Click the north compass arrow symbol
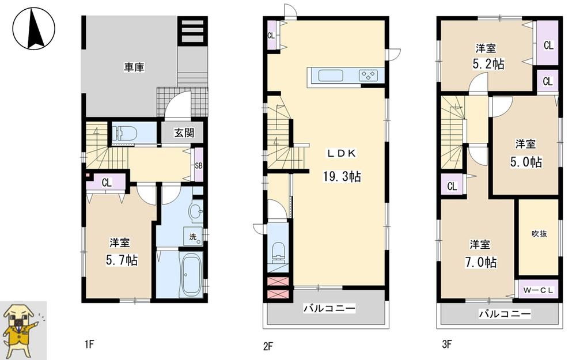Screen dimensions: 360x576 33,28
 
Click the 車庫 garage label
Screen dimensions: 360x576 134,67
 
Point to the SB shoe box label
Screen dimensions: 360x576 199,166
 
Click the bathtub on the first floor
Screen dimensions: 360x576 190,275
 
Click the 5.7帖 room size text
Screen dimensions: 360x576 122,260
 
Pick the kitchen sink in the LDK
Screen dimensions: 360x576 331,76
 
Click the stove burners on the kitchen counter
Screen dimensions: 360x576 368,75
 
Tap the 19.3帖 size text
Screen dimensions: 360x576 342,177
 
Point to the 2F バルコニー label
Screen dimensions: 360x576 329,309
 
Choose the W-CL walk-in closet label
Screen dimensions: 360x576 538,290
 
